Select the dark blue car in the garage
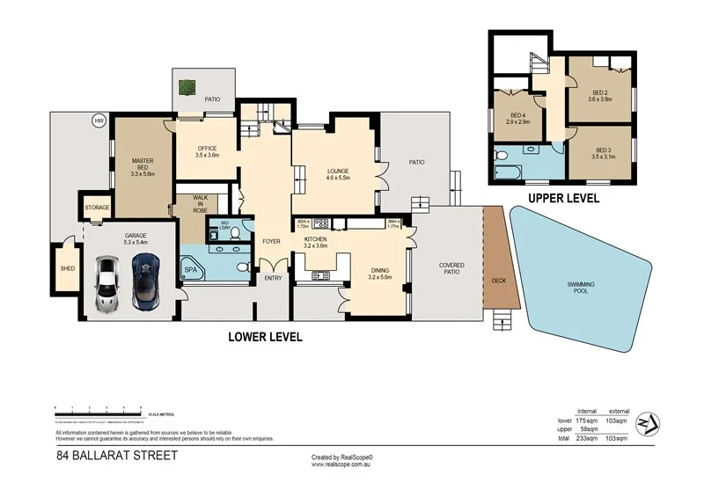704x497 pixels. point(146,281)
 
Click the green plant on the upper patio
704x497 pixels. point(187,87)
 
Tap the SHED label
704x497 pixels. point(67,267)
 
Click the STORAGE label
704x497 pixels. point(97,208)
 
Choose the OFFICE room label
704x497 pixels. point(207,148)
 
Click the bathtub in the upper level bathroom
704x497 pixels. point(509,168)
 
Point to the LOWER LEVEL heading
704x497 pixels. point(265,336)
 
